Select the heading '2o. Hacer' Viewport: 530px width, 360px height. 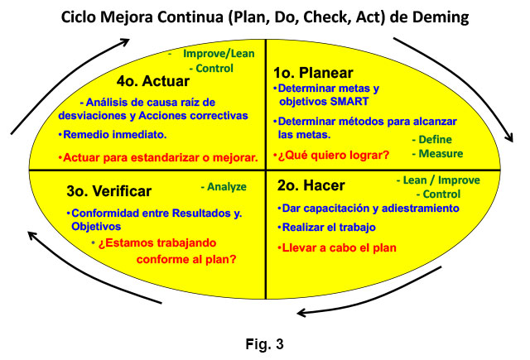coord(311,185)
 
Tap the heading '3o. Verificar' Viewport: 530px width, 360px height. coord(108,191)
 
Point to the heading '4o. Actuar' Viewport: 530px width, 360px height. coord(152,81)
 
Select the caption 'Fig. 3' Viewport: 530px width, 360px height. coord(265,344)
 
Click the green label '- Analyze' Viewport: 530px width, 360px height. coord(224,187)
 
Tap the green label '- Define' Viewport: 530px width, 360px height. coord(432,140)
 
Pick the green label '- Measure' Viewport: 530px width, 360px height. coord(437,154)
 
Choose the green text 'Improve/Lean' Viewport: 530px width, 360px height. coord(219,53)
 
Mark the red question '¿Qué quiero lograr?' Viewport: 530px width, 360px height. coord(333,156)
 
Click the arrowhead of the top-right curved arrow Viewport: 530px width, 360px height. coord(510,137)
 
